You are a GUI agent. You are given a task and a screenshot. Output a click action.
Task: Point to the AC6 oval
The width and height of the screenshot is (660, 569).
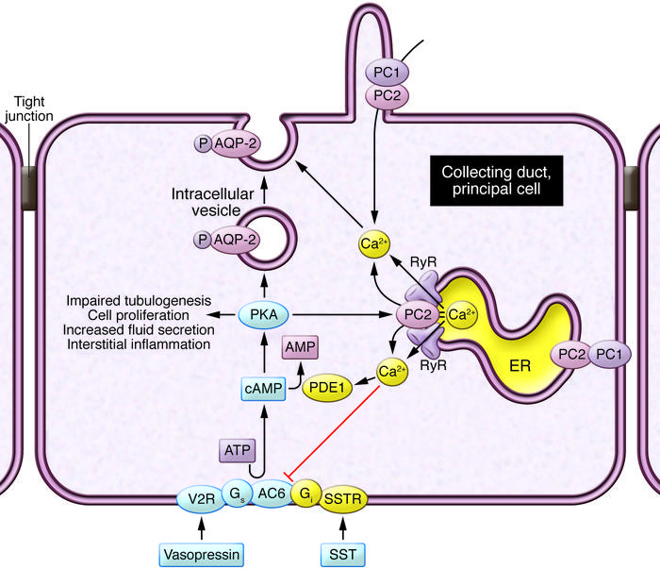point(273,494)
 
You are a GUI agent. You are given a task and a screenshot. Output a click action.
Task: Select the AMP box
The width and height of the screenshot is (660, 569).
point(304,349)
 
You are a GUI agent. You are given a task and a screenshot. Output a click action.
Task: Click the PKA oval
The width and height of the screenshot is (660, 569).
point(258,313)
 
